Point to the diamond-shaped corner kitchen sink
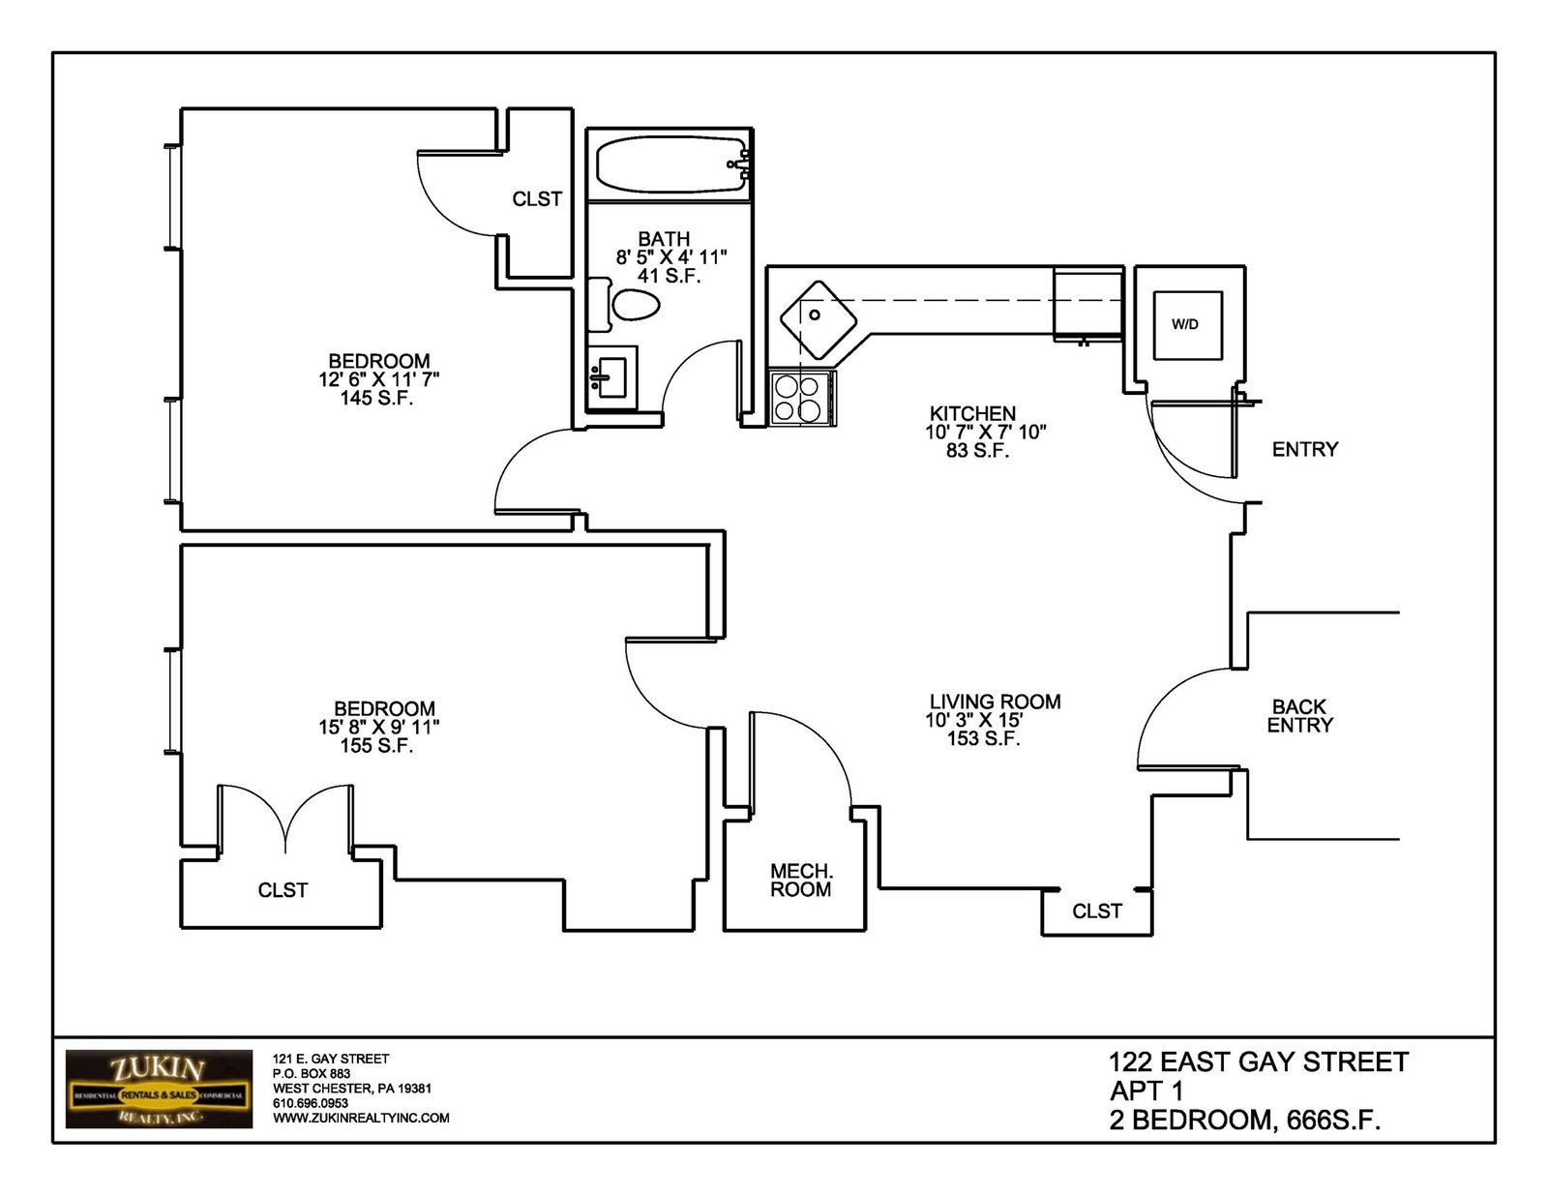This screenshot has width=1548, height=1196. [818, 320]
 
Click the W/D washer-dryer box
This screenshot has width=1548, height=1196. [1187, 325]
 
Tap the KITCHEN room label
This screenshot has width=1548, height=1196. [972, 414]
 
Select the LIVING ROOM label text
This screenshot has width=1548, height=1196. [996, 702]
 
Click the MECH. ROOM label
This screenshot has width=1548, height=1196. [801, 880]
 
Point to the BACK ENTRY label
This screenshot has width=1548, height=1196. [1299, 716]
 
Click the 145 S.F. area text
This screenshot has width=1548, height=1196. [376, 399]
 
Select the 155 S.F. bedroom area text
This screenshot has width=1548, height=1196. [376, 746]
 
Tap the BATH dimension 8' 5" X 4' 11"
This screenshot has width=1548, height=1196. [671, 256]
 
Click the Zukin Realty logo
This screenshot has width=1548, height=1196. [159, 1089]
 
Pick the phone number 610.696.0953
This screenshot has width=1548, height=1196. [311, 1103]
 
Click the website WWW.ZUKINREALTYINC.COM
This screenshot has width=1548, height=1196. [361, 1119]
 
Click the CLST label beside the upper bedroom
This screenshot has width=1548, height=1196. [537, 199]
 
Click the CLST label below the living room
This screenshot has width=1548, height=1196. [1097, 912]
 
